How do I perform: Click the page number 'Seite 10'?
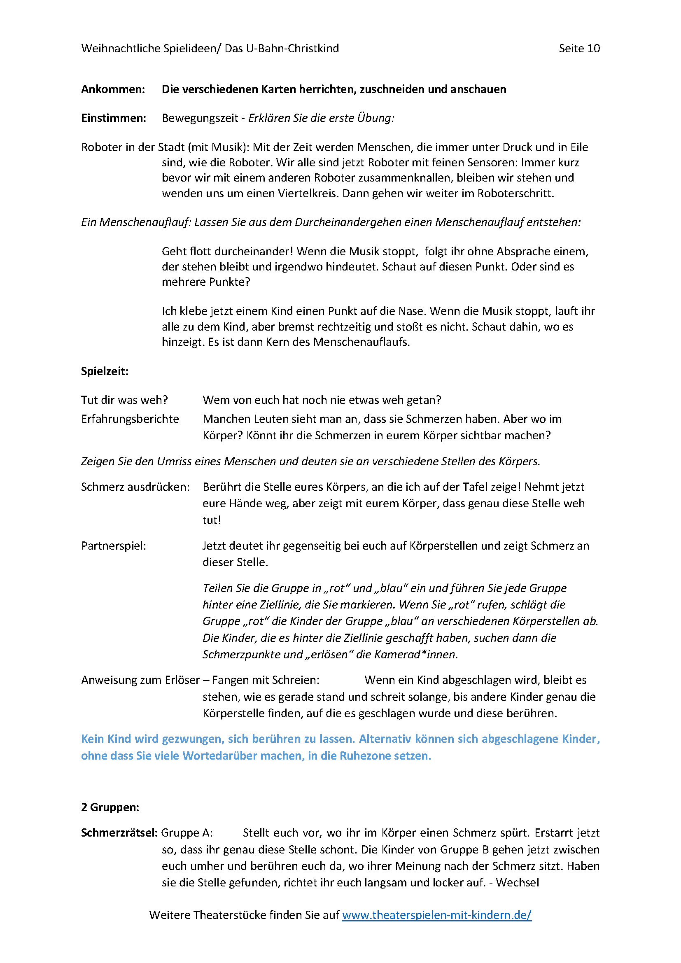click(x=579, y=49)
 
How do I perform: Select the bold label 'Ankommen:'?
click(x=113, y=89)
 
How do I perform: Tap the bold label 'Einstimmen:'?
click(x=114, y=118)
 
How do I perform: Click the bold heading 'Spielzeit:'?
click(x=105, y=371)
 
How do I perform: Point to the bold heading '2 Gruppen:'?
click(x=110, y=807)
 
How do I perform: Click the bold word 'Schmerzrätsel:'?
click(x=119, y=832)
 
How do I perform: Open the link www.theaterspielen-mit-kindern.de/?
click(x=436, y=915)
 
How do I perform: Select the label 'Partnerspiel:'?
click(x=114, y=546)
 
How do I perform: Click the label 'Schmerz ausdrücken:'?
click(x=135, y=487)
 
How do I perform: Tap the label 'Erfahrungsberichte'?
click(x=130, y=419)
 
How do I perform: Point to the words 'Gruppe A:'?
click(x=187, y=832)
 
